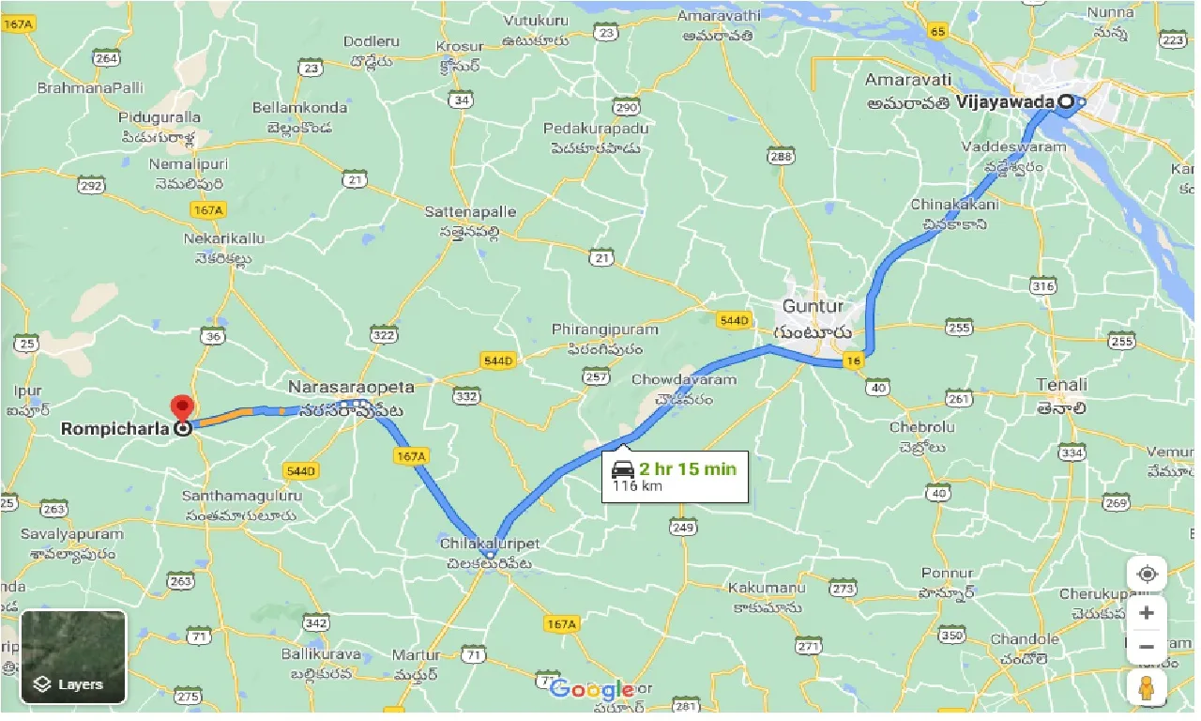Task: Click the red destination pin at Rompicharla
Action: click(180, 408)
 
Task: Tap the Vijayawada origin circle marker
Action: click(1066, 101)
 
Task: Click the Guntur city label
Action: click(813, 306)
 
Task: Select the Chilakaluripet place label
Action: click(489, 544)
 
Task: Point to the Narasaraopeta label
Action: click(351, 387)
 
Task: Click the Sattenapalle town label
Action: click(470, 212)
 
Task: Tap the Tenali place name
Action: click(1062, 384)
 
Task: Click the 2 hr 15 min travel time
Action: click(688, 468)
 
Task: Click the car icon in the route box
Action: click(622, 468)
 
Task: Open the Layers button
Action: click(73, 656)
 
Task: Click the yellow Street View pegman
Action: click(1147, 689)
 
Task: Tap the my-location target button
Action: click(1147, 574)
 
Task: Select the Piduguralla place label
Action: click(160, 117)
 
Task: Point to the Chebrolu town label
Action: click(921, 427)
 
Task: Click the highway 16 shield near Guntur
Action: click(853, 361)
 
